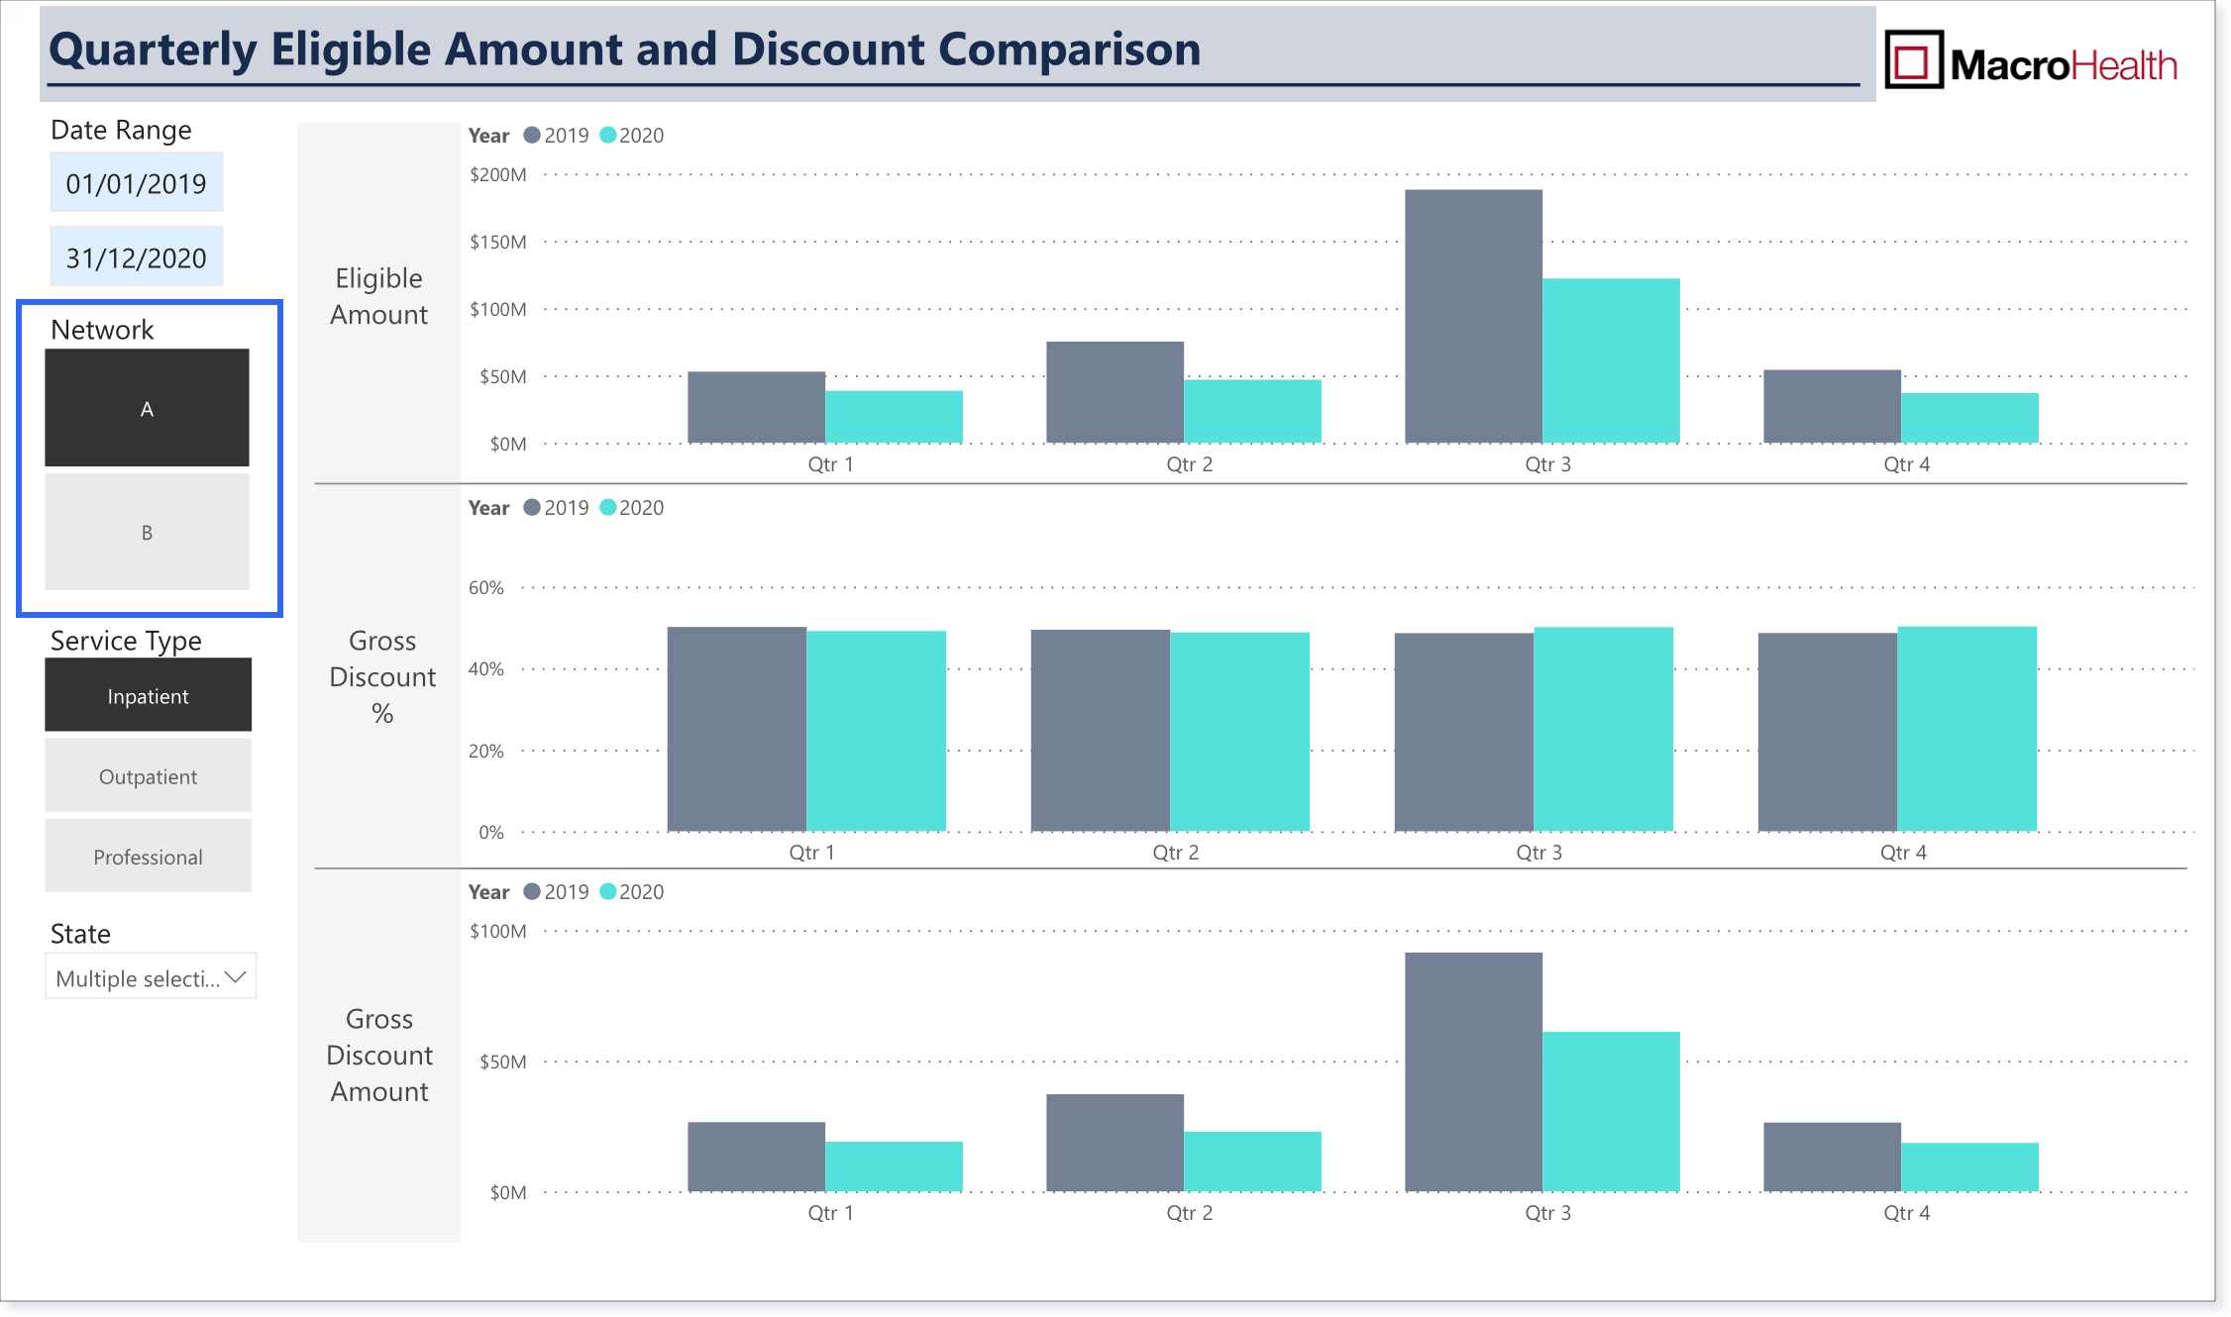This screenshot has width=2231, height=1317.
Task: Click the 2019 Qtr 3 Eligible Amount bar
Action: pos(1473,316)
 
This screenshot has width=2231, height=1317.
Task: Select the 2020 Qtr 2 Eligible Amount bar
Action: pos(1252,411)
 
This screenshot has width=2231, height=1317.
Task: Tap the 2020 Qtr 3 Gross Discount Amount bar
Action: pos(1611,1111)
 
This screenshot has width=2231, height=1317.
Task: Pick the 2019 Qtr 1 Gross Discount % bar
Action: pos(736,729)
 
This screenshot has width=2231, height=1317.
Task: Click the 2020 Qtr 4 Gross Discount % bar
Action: pos(1966,729)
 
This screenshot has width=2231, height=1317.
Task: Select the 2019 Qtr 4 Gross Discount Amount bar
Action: pos(1832,1157)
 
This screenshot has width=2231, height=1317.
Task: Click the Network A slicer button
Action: pos(147,407)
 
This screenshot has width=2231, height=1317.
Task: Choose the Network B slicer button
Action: pos(147,532)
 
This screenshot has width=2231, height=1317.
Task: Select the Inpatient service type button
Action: pos(148,695)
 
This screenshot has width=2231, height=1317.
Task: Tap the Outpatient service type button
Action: pos(148,775)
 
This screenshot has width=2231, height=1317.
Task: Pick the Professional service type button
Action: pos(148,856)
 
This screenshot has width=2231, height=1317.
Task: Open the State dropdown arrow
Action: pos(236,977)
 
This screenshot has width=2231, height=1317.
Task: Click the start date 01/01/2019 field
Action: pos(137,182)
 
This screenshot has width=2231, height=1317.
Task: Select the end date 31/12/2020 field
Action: pos(137,256)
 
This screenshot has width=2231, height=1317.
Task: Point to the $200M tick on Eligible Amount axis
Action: pos(498,175)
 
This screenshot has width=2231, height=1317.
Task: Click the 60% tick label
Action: pos(486,587)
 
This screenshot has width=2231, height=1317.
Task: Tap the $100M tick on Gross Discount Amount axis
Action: pos(498,931)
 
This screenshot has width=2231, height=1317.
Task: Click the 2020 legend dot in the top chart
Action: pos(608,135)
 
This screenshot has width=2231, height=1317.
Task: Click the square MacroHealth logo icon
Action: pos(1913,59)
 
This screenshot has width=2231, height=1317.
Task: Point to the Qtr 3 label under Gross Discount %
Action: pos(1539,853)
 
